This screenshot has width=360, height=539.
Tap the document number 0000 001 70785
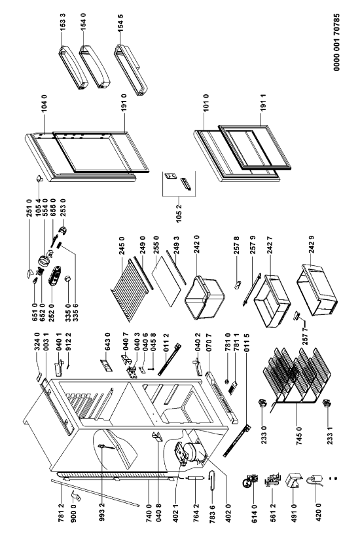point(336,43)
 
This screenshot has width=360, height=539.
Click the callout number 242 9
point(312,245)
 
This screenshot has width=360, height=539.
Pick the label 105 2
point(179,212)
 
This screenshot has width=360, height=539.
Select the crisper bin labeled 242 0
point(204,298)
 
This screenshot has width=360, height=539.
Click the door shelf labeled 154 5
point(130,69)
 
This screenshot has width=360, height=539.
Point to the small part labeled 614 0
point(249,482)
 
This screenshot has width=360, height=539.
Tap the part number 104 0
point(45,104)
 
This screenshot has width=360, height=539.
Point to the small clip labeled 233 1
point(326,404)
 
